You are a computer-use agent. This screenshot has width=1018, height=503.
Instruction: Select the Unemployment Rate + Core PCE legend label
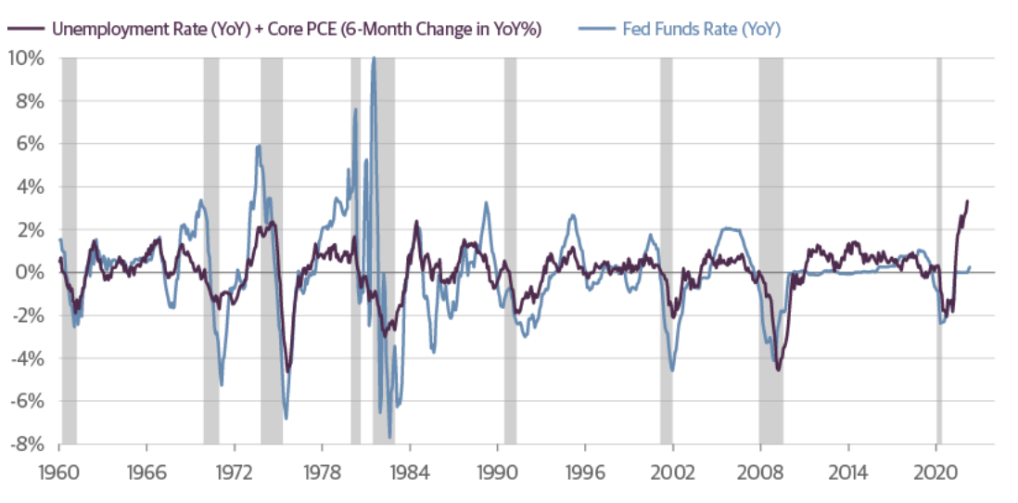click(x=296, y=29)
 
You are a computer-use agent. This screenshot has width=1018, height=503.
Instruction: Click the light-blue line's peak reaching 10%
click(x=374, y=58)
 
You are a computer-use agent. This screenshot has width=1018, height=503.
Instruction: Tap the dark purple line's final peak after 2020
click(x=967, y=200)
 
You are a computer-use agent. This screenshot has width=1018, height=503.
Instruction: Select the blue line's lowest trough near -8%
click(x=390, y=436)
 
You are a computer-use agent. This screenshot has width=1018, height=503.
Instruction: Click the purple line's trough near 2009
click(x=778, y=370)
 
